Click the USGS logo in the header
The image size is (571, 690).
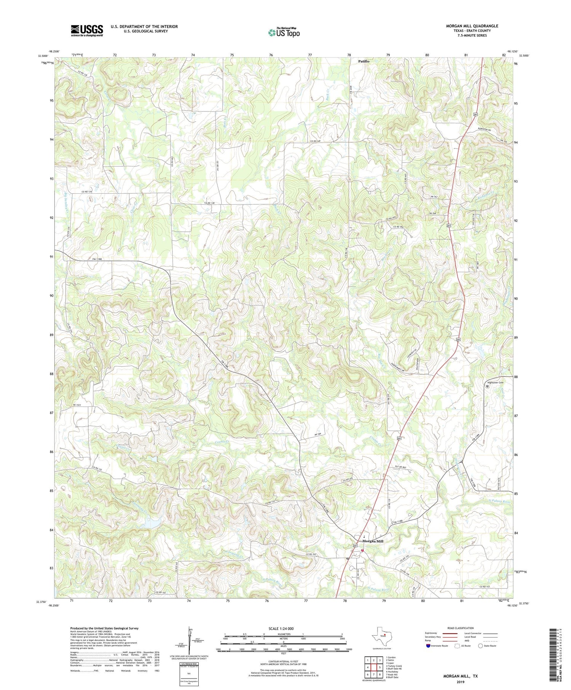point(87,30)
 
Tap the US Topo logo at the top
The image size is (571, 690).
point(284,32)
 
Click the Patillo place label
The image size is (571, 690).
point(364,61)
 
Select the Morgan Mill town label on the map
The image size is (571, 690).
point(373,541)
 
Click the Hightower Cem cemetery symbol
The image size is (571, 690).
point(487,386)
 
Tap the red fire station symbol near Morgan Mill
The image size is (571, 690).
point(362,550)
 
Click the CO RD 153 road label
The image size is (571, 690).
point(486,587)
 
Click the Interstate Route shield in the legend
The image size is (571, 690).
point(428,645)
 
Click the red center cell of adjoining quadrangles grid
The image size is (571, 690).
point(375,667)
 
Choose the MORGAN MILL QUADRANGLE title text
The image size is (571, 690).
point(472,26)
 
